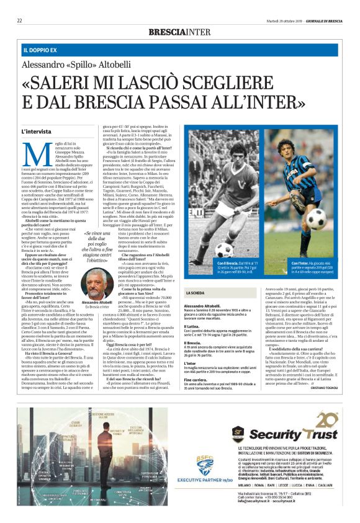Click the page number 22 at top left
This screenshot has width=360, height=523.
click(x=19, y=20)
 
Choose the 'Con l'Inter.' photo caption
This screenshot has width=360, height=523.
click(x=285, y=264)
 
